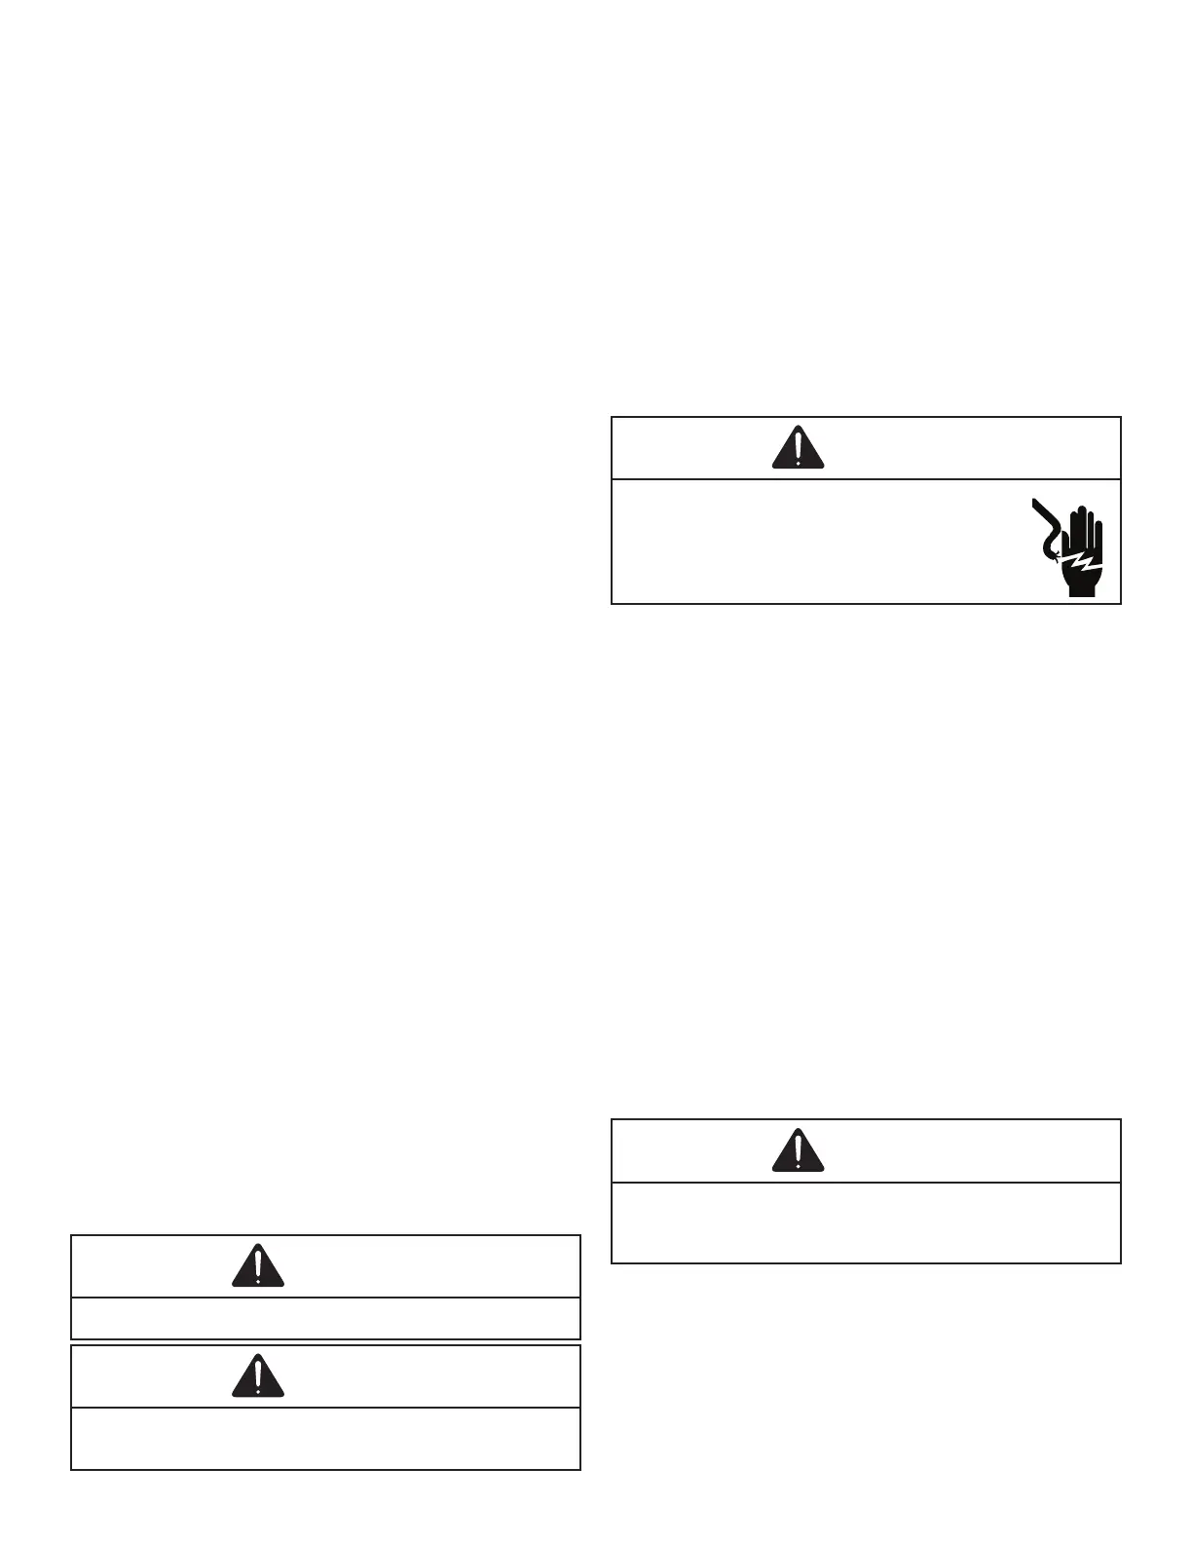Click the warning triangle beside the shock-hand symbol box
click(x=798, y=448)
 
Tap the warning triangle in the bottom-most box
click(x=258, y=1376)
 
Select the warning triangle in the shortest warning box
click(x=258, y=1266)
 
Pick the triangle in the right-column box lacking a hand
click(x=798, y=1151)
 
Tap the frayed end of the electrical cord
click(x=1052, y=554)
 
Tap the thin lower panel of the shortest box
click(x=325, y=1318)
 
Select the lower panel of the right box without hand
click(x=866, y=1223)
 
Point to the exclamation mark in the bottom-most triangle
click(x=258, y=1374)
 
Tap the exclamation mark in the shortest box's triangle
click(x=258, y=1264)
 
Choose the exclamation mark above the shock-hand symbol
click(x=798, y=446)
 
